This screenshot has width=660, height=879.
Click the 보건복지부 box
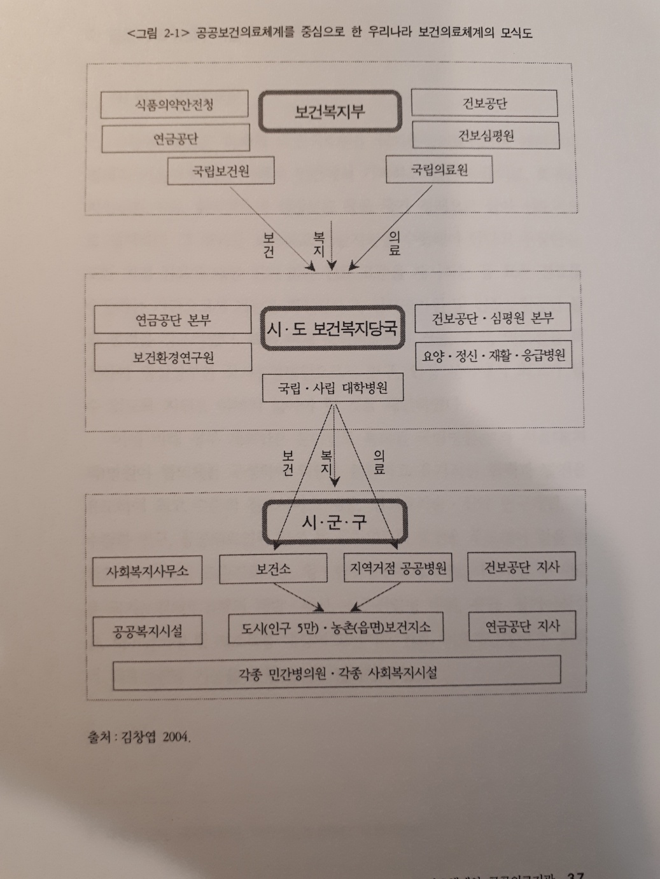point(330,111)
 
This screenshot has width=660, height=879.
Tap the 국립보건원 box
point(221,170)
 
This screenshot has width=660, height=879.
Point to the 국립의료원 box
point(439,170)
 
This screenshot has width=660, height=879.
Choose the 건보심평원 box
point(486,135)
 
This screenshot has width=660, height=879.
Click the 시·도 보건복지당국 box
point(332,328)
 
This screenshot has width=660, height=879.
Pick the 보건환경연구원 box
point(173,357)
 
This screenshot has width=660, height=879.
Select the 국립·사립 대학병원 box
point(333,387)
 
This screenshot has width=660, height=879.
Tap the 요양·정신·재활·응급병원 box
point(493,355)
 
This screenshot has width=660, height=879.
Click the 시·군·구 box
point(334,522)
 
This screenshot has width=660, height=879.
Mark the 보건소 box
point(273,568)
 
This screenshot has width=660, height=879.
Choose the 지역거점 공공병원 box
point(398,567)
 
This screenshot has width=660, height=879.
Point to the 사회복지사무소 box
point(147,571)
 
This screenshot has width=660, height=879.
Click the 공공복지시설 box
point(147,630)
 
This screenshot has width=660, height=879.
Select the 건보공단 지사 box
point(521,567)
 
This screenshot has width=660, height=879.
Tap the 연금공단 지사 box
point(522,626)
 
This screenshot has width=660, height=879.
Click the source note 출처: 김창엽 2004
point(139,737)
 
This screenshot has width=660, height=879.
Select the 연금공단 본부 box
point(172,320)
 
